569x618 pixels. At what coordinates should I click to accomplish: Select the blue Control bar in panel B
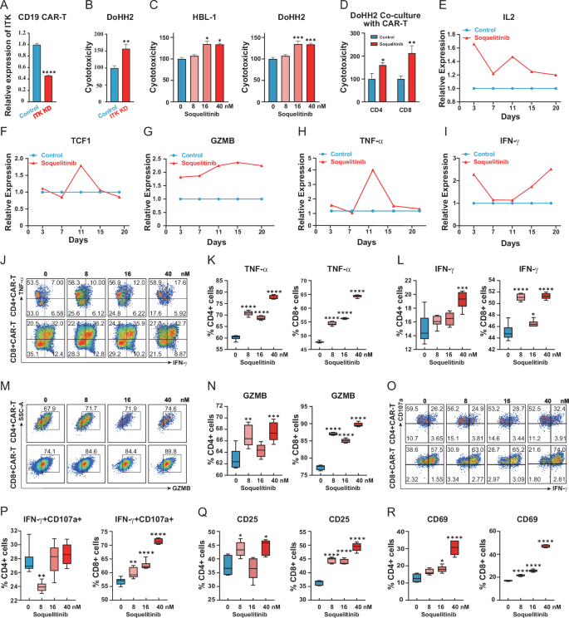click(x=115, y=91)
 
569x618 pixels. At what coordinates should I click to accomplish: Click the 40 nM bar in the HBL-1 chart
click(x=219, y=71)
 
